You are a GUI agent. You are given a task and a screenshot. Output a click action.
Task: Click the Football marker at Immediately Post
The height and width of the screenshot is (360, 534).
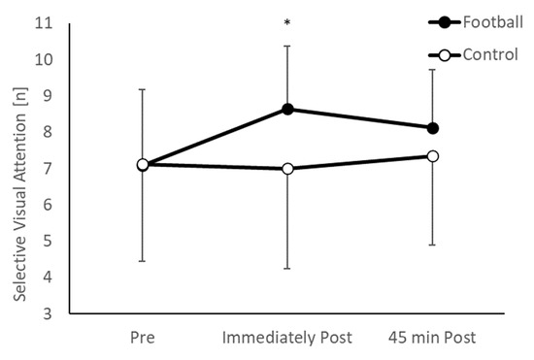pos(287,109)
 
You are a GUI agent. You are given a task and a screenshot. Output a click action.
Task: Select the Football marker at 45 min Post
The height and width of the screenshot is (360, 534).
pos(433,128)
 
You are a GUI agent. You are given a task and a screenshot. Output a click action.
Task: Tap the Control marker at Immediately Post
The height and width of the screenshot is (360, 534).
pos(287,169)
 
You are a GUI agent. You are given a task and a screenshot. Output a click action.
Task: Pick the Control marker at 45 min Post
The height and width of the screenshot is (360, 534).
pos(433,156)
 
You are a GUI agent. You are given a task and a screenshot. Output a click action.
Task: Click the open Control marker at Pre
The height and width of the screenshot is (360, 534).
pos(143,165)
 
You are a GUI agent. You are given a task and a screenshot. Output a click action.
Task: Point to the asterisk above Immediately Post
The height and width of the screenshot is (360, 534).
pos(287,20)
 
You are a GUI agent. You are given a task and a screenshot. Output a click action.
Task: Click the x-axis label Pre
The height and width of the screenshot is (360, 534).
pos(143,337)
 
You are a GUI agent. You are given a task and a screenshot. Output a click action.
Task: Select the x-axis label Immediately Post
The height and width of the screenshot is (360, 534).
pos(287,337)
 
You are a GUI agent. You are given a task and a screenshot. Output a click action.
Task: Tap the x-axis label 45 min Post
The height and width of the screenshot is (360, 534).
pos(433,337)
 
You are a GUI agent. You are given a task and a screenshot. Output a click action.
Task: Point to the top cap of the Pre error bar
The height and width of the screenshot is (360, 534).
pos(143,89)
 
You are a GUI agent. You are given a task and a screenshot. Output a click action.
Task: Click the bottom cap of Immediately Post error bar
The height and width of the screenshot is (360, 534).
pos(287,268)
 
